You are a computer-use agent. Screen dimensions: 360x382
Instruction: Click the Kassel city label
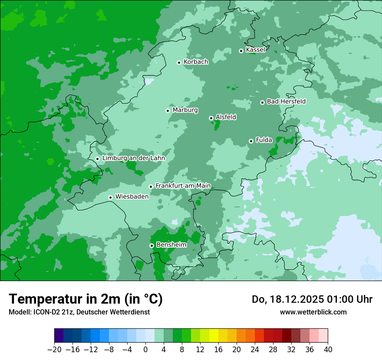(255, 50)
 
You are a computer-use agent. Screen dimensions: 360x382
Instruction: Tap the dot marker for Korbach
(179, 62)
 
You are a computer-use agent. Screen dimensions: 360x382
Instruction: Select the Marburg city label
(185, 110)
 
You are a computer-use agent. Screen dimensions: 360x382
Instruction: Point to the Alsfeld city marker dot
(211, 118)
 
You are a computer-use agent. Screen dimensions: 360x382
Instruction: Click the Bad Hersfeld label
(286, 101)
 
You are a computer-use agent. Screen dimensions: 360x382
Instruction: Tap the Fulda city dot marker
(251, 141)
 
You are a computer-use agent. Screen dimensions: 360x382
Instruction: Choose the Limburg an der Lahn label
(133, 158)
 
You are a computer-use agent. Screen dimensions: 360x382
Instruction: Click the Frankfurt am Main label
(183, 186)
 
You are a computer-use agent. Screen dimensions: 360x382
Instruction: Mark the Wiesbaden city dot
(111, 197)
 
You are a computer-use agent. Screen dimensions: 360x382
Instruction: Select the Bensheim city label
(171, 245)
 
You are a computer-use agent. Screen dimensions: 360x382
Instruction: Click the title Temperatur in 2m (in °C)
(86, 299)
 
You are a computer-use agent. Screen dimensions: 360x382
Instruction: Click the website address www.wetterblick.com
(313, 312)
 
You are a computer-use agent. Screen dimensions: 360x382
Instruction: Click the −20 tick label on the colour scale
(54, 350)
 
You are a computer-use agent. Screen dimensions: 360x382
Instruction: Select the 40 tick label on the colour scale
(328, 350)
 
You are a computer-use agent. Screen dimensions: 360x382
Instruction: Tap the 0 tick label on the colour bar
(145, 350)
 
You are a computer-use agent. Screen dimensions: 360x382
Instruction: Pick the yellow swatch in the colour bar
(214, 336)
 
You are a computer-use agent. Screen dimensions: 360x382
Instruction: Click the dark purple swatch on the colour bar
(59, 336)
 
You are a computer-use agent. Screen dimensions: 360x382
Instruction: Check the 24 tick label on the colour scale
(255, 350)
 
